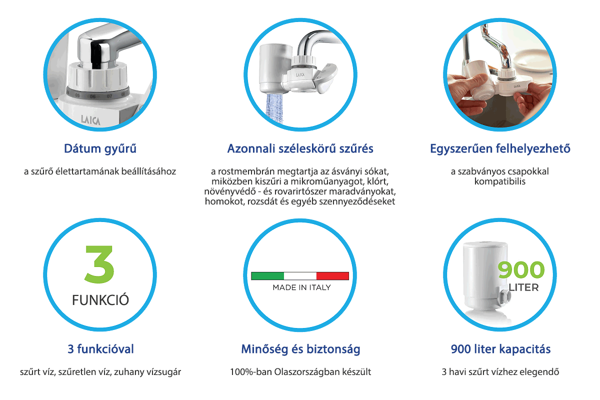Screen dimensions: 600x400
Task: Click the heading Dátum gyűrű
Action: point(100,149)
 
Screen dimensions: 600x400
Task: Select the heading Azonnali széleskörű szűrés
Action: point(300,148)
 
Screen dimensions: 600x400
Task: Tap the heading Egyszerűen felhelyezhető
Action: point(500,148)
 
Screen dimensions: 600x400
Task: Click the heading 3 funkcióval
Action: point(100,349)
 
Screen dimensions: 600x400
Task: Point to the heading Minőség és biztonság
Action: point(300,349)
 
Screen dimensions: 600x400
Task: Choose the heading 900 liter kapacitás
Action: point(500,349)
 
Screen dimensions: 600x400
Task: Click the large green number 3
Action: point(99,264)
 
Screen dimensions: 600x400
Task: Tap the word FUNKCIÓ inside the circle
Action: point(100,300)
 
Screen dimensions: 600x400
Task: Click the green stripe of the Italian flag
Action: point(267,276)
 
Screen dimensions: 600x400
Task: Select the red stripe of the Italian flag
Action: point(332,276)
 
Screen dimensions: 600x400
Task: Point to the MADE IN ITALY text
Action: point(301,287)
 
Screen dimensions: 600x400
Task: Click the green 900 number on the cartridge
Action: point(521,270)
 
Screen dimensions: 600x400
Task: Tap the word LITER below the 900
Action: point(523,287)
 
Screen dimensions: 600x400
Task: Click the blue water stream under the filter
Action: point(274,108)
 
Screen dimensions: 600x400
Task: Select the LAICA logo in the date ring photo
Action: point(90,120)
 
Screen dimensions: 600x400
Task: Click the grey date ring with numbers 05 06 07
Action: point(98,94)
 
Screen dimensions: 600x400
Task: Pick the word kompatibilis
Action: point(500,181)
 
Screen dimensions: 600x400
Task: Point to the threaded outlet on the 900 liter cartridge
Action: point(503,297)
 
